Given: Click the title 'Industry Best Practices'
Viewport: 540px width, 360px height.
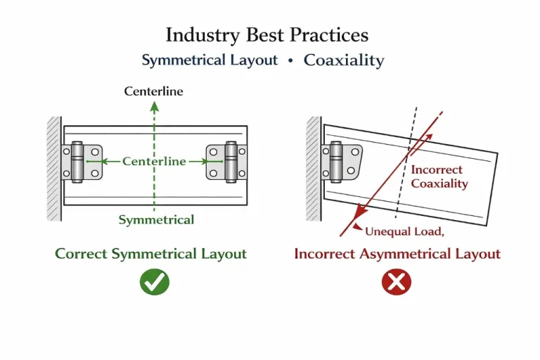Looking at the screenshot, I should click(266, 34).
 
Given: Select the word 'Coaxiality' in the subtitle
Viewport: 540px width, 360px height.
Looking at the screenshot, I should click(344, 60).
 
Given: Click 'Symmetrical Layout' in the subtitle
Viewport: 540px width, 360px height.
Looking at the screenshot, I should click(210, 60).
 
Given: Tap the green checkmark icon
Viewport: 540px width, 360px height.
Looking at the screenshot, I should click(154, 282).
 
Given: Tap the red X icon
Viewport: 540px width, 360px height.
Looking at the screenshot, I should click(397, 282).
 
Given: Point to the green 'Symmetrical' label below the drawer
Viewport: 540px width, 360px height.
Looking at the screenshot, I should click(156, 220).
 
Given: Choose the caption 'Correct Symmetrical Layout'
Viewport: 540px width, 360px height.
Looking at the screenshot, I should click(150, 254).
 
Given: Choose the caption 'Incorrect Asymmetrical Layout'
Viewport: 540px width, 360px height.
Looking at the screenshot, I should click(397, 254).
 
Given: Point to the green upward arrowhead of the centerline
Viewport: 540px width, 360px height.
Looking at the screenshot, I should click(155, 105).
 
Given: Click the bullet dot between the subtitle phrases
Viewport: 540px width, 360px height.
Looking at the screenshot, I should click(290, 60).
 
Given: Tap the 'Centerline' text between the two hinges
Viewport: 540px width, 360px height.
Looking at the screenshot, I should click(154, 161).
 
